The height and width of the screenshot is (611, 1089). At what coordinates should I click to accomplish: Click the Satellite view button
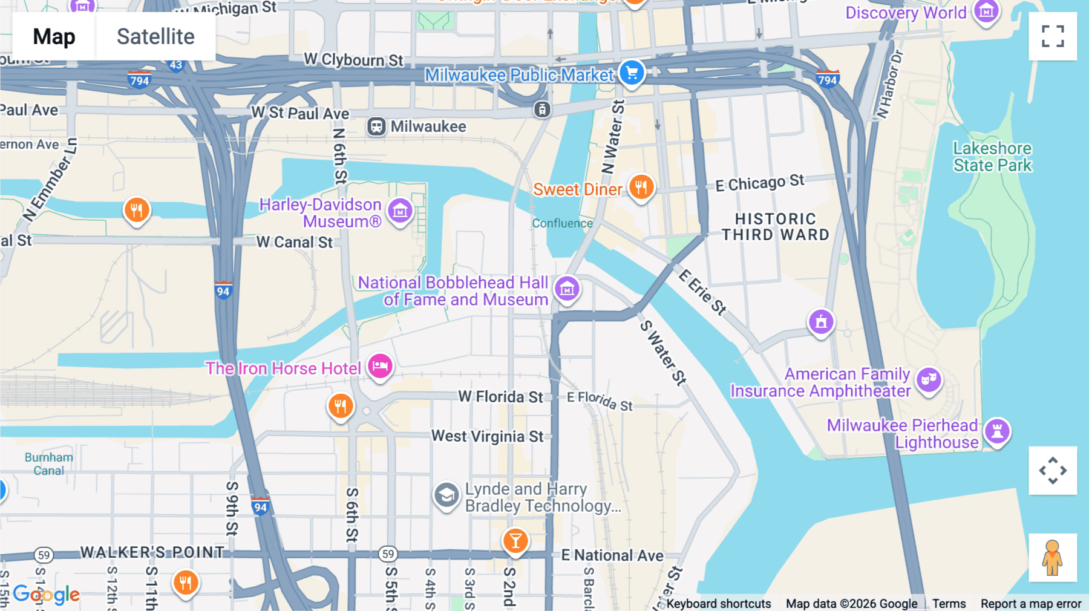(x=155, y=36)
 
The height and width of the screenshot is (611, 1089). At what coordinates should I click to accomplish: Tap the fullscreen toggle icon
(x=1053, y=36)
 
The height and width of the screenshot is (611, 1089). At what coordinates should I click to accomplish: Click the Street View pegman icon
(x=1052, y=557)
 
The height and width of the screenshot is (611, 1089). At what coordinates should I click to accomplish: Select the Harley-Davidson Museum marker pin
(x=400, y=211)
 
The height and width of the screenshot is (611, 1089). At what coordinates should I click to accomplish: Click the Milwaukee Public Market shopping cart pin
(x=632, y=73)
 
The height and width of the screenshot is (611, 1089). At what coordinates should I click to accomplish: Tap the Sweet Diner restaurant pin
(x=641, y=187)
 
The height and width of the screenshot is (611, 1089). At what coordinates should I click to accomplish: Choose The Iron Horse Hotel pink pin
(x=380, y=366)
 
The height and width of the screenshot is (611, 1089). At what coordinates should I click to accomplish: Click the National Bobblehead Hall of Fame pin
(x=567, y=289)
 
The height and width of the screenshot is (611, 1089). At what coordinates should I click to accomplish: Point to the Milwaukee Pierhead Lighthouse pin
(x=997, y=431)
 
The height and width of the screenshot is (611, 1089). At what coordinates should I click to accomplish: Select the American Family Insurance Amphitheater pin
(x=929, y=380)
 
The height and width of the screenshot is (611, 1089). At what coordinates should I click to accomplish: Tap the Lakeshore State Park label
(x=992, y=157)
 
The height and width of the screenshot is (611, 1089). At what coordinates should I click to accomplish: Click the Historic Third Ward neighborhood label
(x=775, y=227)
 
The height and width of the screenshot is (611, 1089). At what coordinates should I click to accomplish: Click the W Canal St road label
(x=294, y=242)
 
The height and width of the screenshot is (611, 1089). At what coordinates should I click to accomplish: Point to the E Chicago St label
(x=759, y=183)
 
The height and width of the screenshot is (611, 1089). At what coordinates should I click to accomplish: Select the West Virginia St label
(x=487, y=436)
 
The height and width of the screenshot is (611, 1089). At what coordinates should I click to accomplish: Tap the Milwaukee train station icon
(x=376, y=126)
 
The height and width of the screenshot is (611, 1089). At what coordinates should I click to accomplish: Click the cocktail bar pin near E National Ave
(x=515, y=540)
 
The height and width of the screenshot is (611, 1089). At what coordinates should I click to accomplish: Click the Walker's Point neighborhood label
(x=152, y=552)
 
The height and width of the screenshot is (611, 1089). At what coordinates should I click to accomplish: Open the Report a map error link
(x=1030, y=603)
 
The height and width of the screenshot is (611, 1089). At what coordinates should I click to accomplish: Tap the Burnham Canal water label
(x=48, y=464)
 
